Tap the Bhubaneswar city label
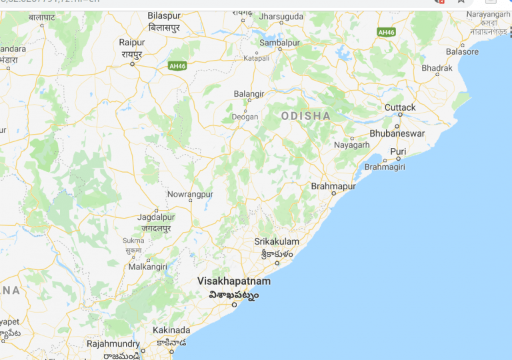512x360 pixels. pos(397,133)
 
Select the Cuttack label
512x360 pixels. pos(400,107)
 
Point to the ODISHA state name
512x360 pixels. pos(306,116)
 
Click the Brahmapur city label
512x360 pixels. pos(333,187)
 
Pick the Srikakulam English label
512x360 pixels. pos(277,241)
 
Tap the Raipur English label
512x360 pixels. pos(132,43)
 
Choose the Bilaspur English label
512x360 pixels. pos(164,15)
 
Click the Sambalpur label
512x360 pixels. pos(280,43)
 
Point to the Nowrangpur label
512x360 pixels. pos(190,194)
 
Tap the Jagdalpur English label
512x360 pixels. pos(155,217)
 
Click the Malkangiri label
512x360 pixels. pos(148,267)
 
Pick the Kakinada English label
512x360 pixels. pos(171,330)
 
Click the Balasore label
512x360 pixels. pos(463,51)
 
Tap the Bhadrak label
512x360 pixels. pos(437,68)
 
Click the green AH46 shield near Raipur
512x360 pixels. pos(177,65)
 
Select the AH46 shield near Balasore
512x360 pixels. pos(386,31)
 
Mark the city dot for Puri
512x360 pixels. pos(397,160)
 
